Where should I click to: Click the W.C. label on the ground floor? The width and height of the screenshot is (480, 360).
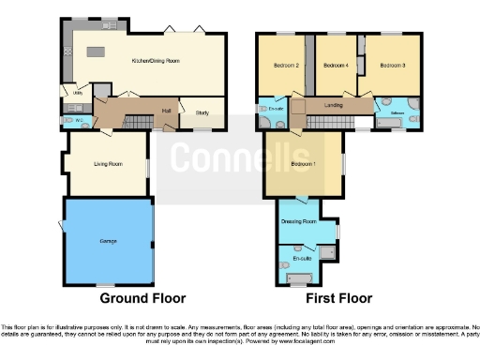[82, 119]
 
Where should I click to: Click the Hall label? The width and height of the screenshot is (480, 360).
[165, 111]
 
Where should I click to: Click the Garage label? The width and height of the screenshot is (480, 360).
[109, 241]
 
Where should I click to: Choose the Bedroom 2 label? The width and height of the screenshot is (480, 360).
[285, 66]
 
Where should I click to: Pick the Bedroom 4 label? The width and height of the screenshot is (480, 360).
[336, 66]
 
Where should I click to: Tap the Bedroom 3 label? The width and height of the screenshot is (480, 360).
[393, 66]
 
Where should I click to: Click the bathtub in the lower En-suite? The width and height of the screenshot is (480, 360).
[299, 278]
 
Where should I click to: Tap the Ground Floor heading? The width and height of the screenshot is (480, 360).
[142, 298]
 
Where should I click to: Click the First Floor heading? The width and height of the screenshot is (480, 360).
[338, 298]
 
